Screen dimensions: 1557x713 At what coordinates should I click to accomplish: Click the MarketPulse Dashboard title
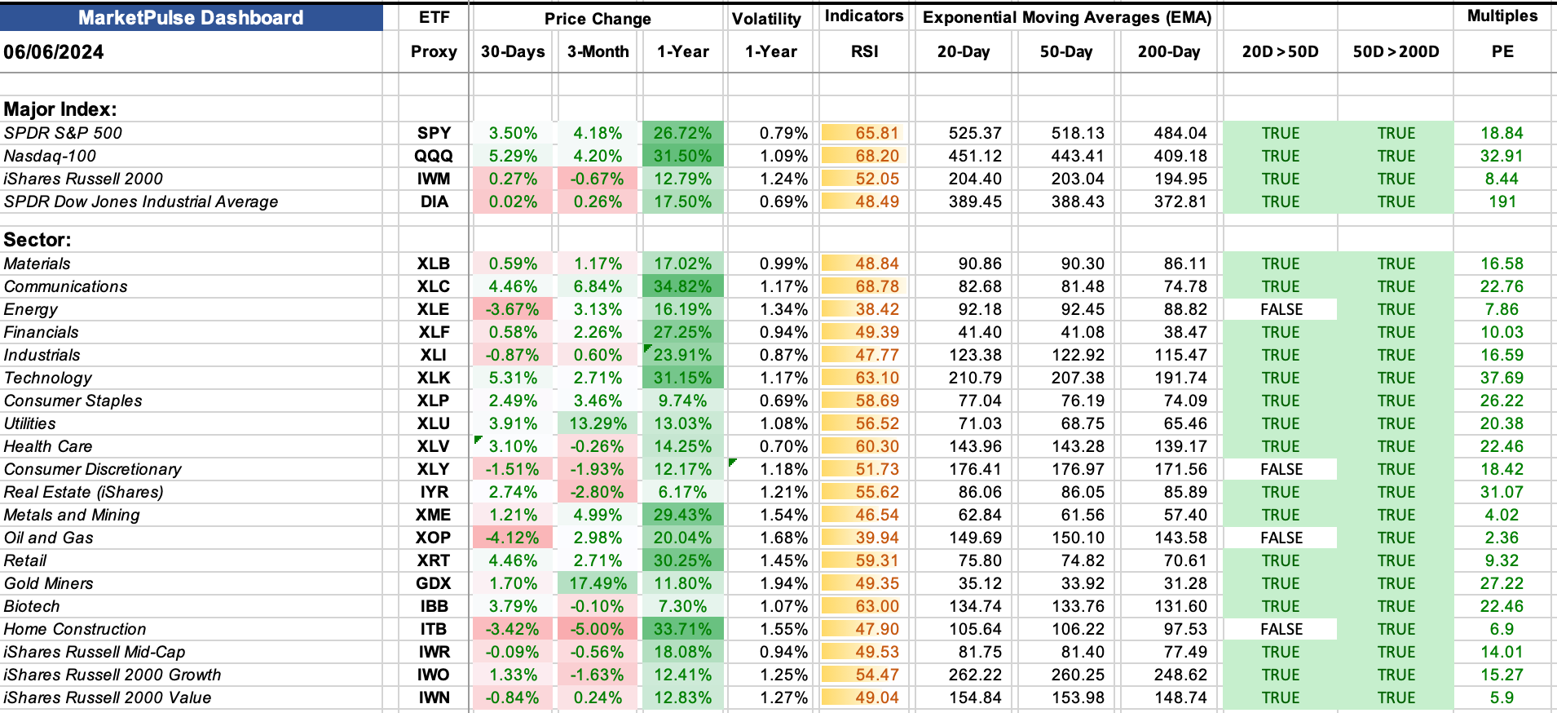(191, 18)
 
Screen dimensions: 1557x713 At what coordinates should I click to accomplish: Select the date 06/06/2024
(54, 52)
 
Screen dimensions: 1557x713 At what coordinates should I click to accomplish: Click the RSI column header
(864, 51)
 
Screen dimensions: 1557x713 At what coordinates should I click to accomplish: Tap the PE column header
(1502, 51)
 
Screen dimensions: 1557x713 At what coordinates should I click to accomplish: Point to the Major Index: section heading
(60, 109)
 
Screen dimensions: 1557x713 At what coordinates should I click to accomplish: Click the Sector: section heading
(37, 240)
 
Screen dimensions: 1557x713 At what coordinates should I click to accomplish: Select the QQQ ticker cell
(434, 156)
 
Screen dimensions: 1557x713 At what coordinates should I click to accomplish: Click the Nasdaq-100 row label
(50, 156)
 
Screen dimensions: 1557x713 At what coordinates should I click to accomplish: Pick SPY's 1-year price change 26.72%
(683, 133)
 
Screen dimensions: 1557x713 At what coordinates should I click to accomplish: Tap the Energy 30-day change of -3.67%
(512, 309)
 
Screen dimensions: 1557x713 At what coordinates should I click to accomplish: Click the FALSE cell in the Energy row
(1281, 309)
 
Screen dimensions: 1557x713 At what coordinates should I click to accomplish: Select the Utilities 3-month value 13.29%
(598, 423)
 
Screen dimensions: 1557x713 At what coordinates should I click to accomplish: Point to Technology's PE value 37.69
(1502, 378)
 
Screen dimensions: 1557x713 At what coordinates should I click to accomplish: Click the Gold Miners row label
(49, 583)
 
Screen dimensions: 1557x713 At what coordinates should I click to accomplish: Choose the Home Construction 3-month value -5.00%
(598, 629)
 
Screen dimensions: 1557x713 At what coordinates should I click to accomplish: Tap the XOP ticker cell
(433, 538)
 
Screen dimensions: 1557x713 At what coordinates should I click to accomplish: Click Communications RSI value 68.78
(877, 286)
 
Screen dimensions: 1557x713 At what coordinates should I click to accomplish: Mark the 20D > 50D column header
(1280, 51)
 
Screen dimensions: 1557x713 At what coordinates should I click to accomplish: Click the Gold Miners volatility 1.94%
(783, 583)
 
